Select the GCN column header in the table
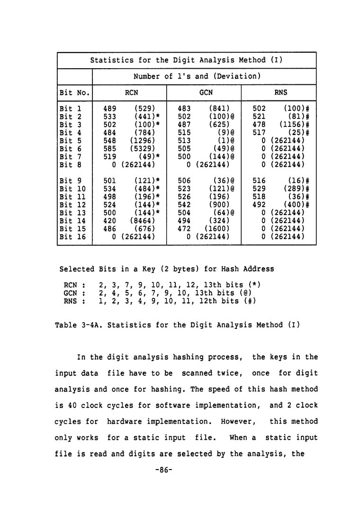[206, 92]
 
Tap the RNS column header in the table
[281, 92]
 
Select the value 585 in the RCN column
[110, 149]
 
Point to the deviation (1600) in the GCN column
[216, 228]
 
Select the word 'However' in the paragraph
[242, 421]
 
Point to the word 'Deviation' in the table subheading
[239, 76]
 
